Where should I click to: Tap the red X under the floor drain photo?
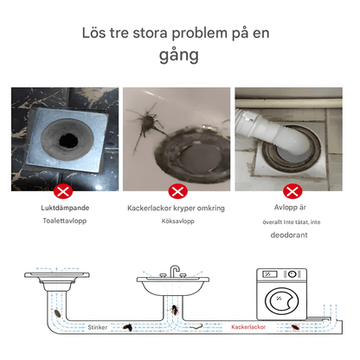63,190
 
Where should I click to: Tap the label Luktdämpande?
64,209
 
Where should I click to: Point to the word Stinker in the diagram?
97,327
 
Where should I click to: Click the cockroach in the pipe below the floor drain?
57,312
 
